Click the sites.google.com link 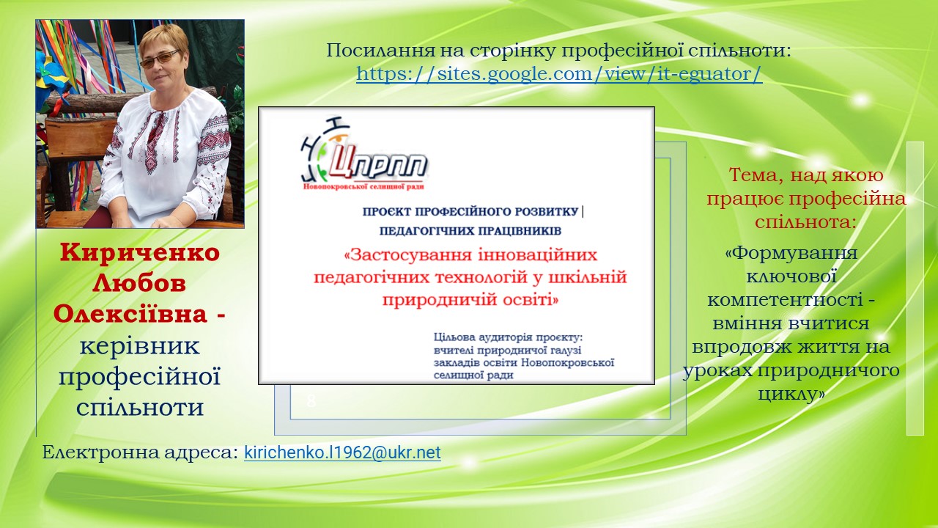559,74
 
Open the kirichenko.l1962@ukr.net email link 342,452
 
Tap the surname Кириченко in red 140,252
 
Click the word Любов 139,283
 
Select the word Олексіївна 130,314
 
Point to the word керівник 139,346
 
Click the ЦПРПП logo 364,154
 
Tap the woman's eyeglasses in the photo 160,59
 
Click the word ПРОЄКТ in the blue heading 386,212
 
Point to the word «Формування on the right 791,253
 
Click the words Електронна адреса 140,452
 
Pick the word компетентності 785,300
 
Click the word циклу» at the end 791,394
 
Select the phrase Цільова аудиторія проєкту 509,337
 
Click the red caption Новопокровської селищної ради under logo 363,186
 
